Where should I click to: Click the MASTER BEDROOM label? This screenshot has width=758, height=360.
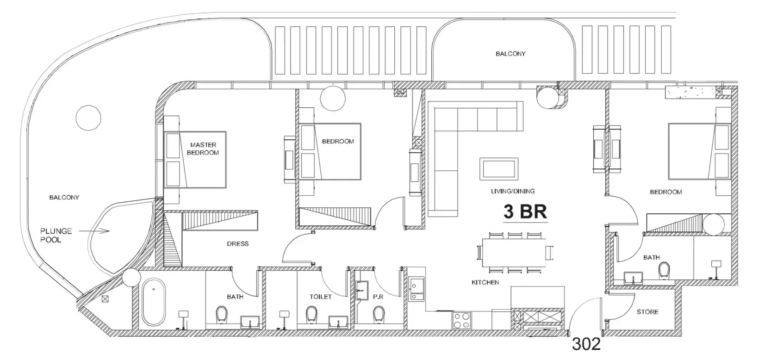[203, 149]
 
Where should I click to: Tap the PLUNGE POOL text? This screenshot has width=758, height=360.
[56, 236]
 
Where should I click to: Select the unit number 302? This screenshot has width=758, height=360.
[586, 344]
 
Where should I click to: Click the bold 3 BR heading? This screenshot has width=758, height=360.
[525, 212]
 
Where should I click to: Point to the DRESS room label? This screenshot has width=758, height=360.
[237, 243]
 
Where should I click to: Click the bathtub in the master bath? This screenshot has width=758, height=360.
[154, 302]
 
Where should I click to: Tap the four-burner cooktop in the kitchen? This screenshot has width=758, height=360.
[462, 320]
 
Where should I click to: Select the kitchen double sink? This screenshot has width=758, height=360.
[416, 289]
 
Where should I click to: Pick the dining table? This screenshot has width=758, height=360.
[514, 253]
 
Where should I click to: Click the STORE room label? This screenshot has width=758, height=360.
[647, 312]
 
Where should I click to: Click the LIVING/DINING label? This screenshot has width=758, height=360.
[513, 191]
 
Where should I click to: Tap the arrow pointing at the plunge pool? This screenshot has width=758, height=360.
[94, 231]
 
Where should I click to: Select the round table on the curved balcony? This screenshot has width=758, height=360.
[88, 118]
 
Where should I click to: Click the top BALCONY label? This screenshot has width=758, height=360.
[510, 54]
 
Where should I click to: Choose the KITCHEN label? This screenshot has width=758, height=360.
[485, 282]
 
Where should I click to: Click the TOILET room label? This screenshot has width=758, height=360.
[320, 297]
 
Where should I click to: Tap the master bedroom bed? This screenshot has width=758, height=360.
[195, 159]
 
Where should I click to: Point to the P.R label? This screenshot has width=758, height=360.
[378, 297]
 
